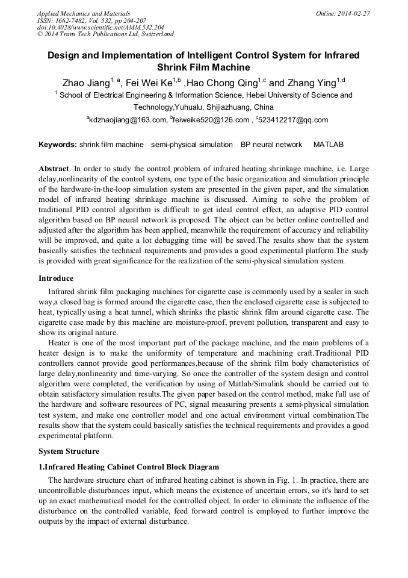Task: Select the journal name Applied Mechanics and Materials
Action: pyautogui.click(x=84, y=13)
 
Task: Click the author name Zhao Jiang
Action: pyautogui.click(x=85, y=83)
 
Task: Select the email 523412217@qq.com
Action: pyautogui.click(x=293, y=120)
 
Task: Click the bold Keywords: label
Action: pyautogui.click(x=58, y=145)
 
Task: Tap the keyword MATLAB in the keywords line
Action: pyautogui.click(x=329, y=145)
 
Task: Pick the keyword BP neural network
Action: pyautogui.click(x=271, y=145)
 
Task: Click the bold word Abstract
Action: pyautogui.click(x=54, y=169)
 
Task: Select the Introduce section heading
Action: pyautogui.click(x=56, y=278)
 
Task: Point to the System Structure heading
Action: pyautogui.click(x=69, y=451)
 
